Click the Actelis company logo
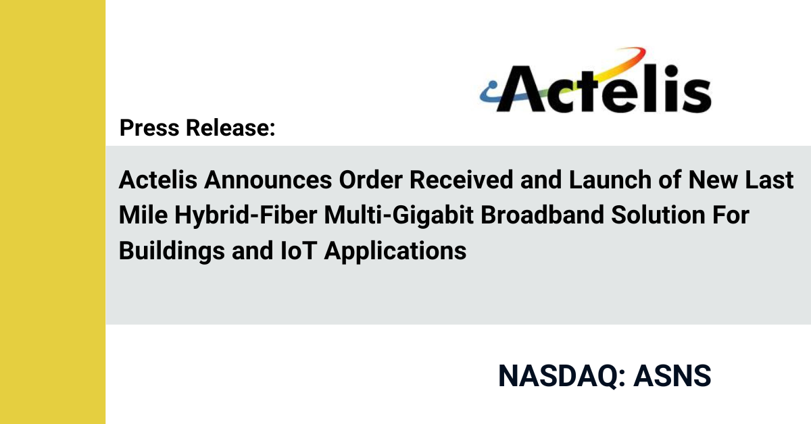595,80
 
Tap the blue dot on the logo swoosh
493,85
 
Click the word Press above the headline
149,128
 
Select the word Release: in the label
230,128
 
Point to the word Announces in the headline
268,180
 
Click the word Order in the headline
370,180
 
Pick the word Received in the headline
461,180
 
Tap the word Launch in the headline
610,180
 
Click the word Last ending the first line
769,180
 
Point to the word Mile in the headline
143,215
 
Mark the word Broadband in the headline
542,215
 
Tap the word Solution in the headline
658,215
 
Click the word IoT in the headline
299,250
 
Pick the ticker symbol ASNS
672,376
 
